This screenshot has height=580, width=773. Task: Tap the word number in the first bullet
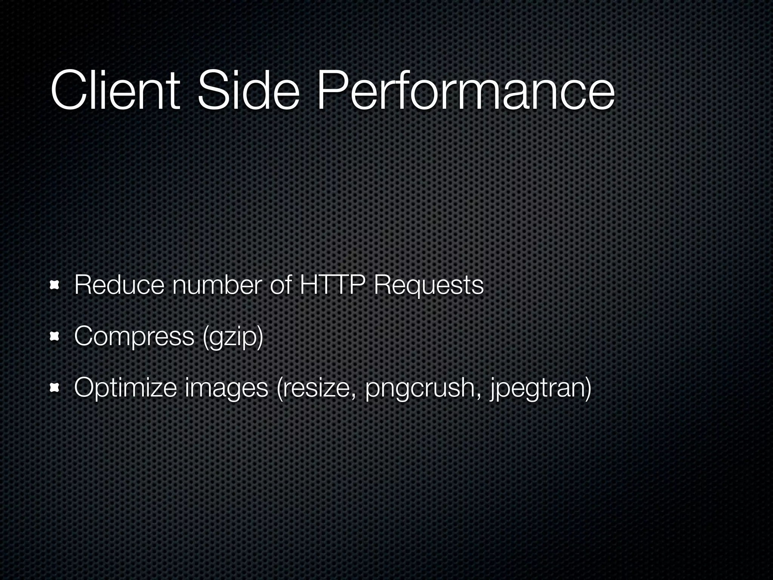216,285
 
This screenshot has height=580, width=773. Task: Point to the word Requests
428,285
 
